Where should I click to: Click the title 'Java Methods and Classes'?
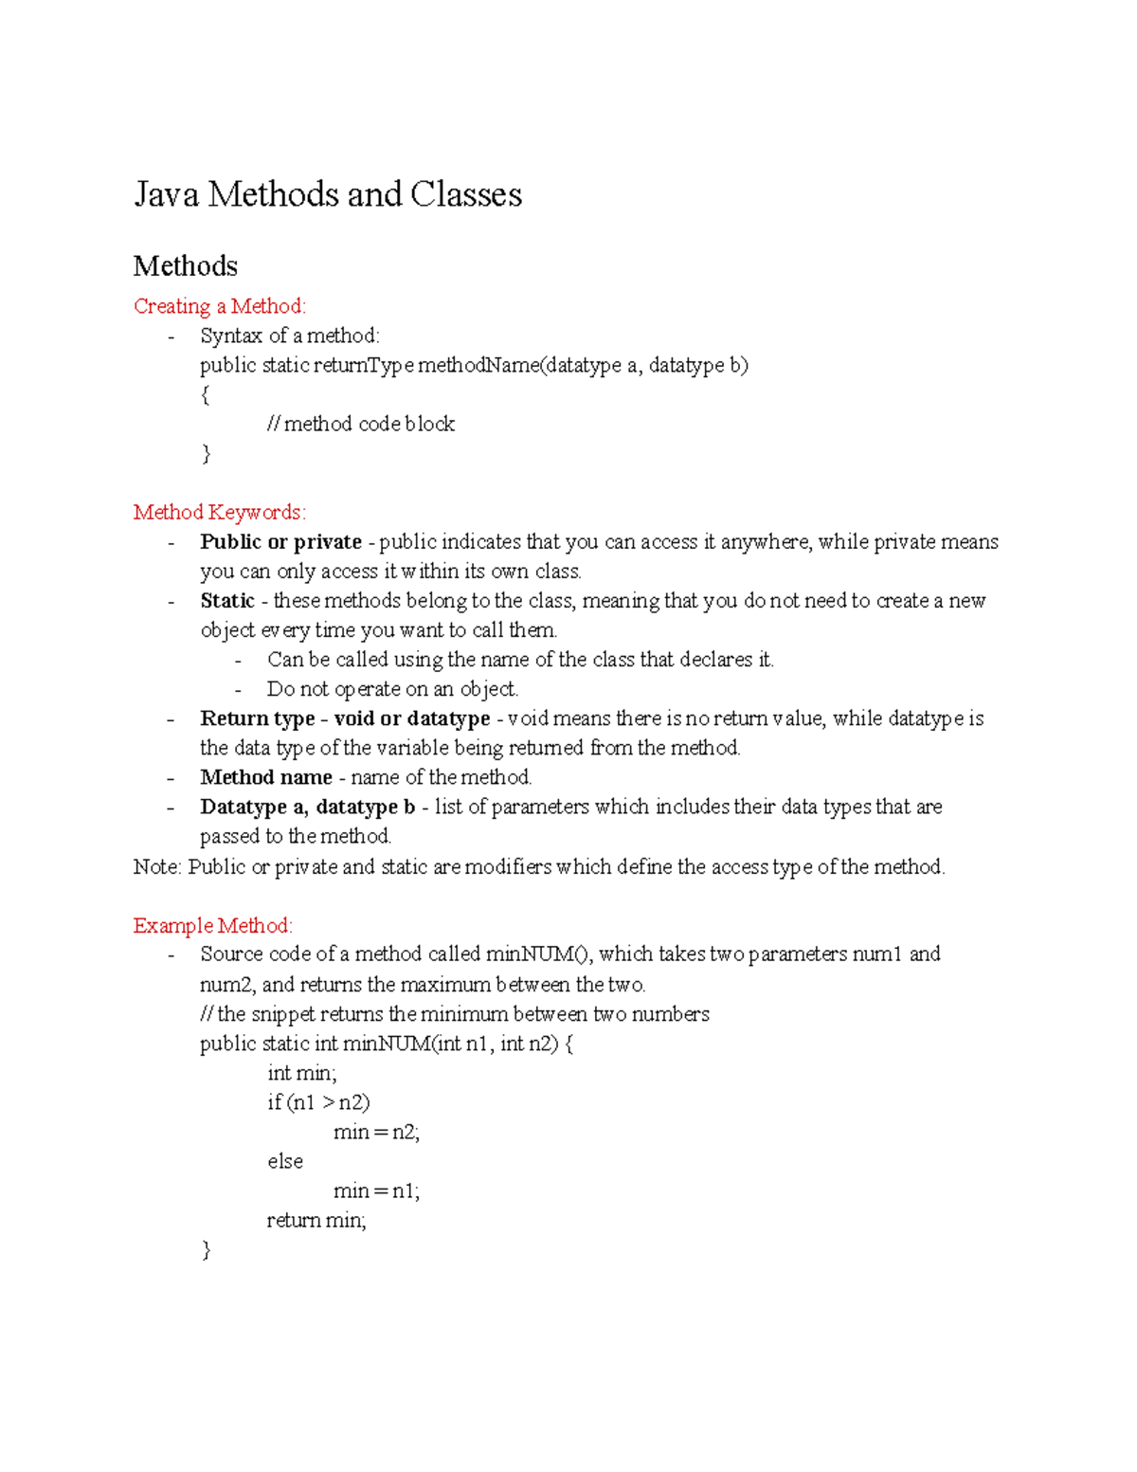327,194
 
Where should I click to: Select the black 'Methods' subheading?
185,266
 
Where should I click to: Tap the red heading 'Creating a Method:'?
220,306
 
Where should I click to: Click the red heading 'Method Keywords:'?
220,513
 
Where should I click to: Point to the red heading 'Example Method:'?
213,925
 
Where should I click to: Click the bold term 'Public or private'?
280,542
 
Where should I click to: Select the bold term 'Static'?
227,601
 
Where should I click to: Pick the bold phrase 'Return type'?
257,718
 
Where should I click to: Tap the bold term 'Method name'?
265,777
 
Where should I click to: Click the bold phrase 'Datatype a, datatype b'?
307,808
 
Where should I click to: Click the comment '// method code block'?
361,424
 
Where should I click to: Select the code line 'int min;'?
301,1073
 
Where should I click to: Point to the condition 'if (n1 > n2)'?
318,1102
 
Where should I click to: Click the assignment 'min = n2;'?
376,1132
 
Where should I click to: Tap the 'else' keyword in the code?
285,1161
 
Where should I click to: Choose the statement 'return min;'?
316,1220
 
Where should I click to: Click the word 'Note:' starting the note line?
157,866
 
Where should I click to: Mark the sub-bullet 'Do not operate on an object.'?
392,689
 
